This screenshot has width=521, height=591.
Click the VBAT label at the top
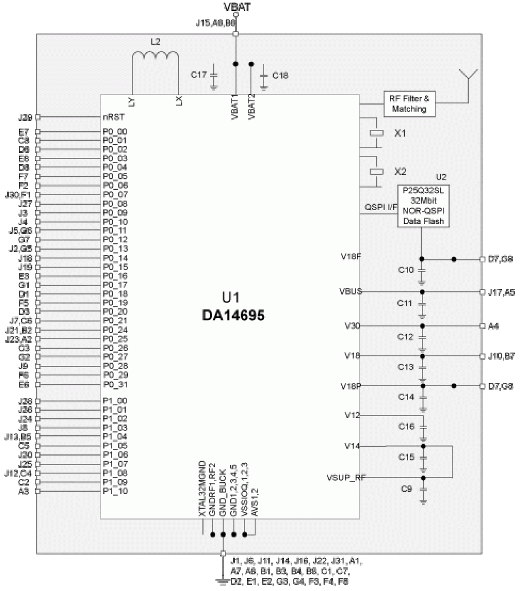[236, 7]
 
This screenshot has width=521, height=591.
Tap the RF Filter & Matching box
[409, 104]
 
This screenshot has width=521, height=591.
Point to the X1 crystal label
[400, 133]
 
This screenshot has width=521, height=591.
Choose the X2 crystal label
[400, 171]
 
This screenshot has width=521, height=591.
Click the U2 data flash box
[424, 206]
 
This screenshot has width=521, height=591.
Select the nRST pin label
[114, 117]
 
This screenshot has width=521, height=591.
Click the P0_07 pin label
[115, 194]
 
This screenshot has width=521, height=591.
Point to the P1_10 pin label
[115, 491]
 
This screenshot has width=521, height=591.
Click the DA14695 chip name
[233, 315]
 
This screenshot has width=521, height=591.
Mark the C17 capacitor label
[198, 75]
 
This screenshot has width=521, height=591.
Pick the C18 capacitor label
[280, 76]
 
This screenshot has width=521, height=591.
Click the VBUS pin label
[351, 291]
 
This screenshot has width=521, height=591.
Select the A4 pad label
[493, 326]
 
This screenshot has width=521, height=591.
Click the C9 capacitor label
[406, 489]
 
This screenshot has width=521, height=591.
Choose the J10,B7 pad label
[501, 356]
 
